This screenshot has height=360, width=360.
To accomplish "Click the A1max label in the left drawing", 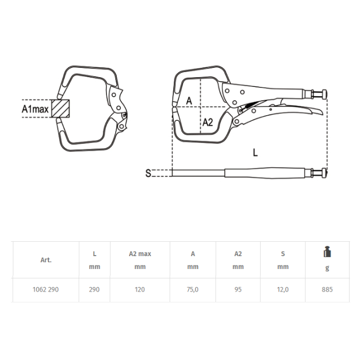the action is point(35,109).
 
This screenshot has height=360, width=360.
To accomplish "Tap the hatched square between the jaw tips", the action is point(60,109).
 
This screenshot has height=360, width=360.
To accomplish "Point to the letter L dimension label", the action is point(255,152).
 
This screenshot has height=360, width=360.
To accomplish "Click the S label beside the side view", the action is point(148,173).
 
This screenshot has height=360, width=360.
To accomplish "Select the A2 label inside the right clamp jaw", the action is point(208,122).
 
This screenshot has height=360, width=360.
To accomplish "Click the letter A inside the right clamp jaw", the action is point(189,101).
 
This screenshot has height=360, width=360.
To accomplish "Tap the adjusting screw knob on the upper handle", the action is point(324,94).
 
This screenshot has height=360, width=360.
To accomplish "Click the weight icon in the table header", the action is point(327,251).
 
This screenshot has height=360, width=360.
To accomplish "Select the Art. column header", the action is point(46,260).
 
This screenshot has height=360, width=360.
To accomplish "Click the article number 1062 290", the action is point(46,290).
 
